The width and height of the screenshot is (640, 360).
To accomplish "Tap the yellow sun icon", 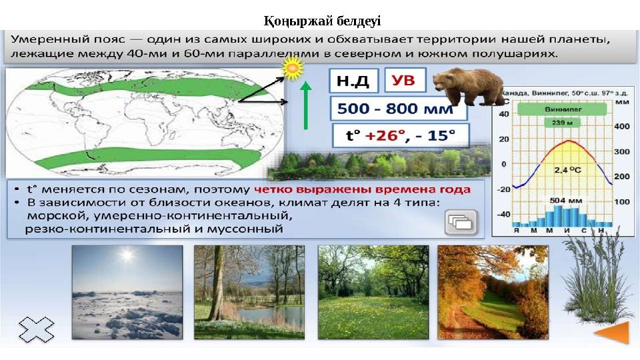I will pos(293,67).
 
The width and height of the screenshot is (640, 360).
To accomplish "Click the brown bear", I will pos(468,85).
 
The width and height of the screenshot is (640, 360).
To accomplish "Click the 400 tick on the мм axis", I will pos(621,127).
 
